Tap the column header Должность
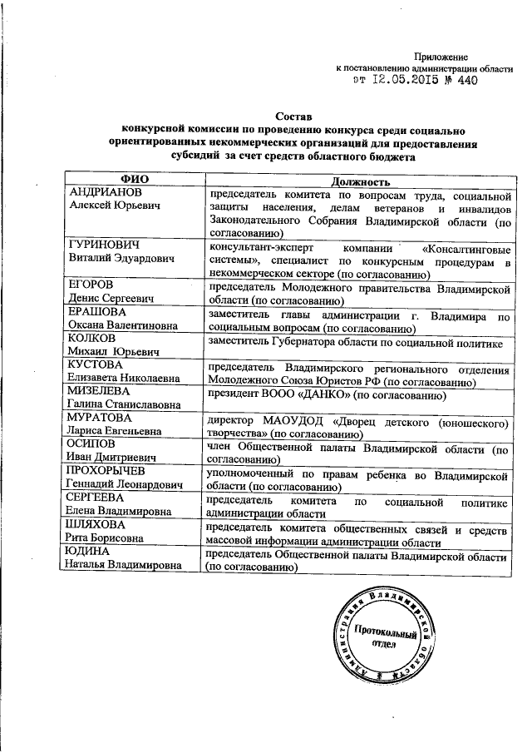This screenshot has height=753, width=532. [x=357, y=181]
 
